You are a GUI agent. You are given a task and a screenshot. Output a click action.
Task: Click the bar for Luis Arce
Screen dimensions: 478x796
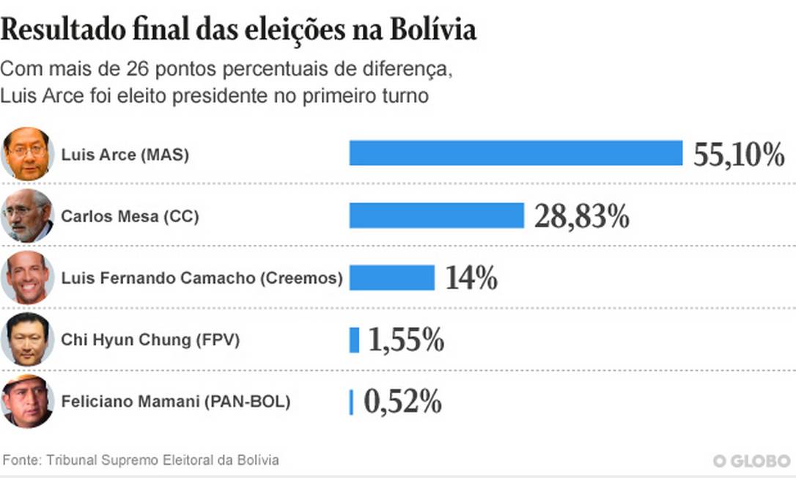pos(515,153)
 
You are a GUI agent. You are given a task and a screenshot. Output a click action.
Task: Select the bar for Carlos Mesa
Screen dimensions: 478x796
pos(436,216)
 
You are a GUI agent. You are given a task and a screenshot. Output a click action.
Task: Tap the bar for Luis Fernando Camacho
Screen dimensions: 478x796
pos(391,278)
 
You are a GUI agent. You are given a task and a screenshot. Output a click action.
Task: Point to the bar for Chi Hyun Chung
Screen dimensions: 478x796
pos(354,340)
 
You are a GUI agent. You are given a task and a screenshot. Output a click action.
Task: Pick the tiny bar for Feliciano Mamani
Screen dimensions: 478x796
pos(351,402)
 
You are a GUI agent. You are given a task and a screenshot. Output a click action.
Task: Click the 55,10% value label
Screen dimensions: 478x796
pos(738,155)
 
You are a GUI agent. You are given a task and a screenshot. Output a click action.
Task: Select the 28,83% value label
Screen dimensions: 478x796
pos(581,217)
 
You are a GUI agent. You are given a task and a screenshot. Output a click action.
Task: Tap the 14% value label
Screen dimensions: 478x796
pos(471,279)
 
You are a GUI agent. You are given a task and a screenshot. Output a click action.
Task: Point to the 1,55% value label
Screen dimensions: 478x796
pos(405,341)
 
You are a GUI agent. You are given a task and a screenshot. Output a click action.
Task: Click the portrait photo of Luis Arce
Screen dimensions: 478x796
pos(28,153)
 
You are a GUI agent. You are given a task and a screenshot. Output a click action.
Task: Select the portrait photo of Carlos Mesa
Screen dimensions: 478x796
pos(28,216)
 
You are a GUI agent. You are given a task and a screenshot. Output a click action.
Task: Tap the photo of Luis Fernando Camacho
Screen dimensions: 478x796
pos(28,278)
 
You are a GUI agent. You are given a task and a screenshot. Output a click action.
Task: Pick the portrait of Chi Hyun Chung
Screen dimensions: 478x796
pos(28,339)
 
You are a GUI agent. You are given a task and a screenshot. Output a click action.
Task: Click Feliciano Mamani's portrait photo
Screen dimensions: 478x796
pos(28,402)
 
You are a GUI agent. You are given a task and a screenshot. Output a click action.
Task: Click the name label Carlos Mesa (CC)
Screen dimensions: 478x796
pos(130,217)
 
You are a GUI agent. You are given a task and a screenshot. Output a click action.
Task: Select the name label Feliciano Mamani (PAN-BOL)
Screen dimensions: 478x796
pos(176,402)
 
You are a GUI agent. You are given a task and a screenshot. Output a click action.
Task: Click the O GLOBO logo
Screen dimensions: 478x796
pos(751,460)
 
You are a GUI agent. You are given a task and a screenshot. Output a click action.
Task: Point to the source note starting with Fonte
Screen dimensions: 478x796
pos(141,460)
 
